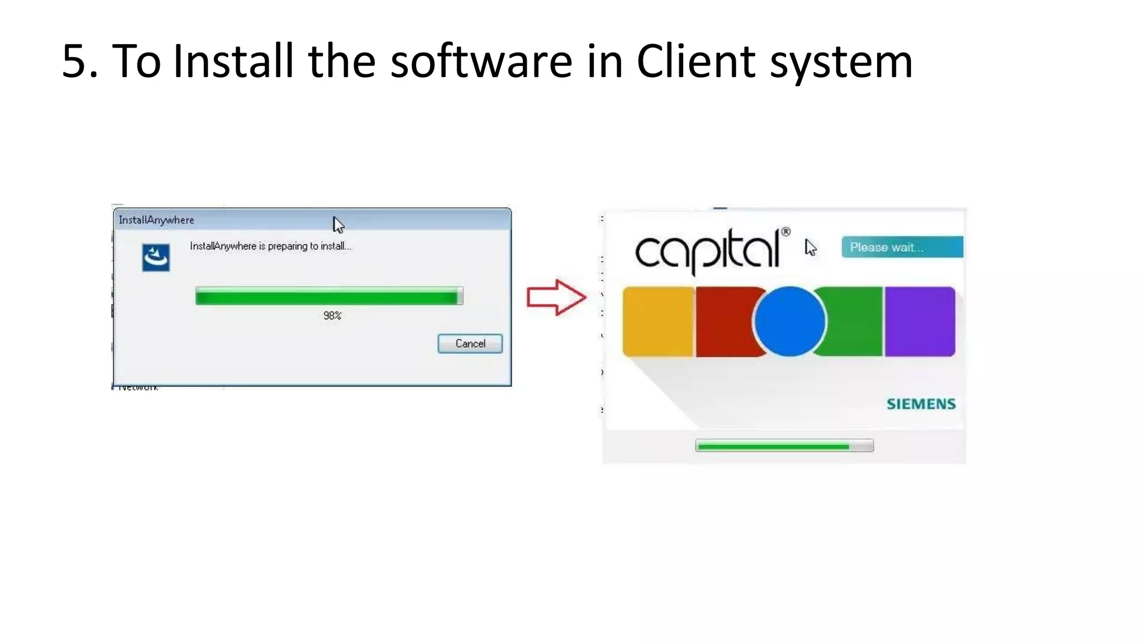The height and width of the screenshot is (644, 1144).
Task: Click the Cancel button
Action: (470, 343)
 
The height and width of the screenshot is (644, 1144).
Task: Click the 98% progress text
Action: (332, 316)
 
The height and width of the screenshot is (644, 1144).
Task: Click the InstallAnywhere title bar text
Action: (156, 220)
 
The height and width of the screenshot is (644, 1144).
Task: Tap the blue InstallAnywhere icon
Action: (156, 258)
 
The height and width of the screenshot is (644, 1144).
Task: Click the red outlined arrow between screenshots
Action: (556, 297)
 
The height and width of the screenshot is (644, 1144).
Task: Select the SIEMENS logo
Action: (921, 404)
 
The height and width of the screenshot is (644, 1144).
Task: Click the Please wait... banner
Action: (902, 247)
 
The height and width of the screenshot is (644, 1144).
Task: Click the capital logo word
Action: (707, 250)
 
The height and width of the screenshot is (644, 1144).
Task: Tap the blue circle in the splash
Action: (789, 321)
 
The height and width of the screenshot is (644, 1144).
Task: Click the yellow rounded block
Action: (658, 321)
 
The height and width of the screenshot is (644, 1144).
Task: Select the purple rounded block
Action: (919, 321)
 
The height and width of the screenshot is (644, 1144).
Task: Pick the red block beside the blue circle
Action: (723, 321)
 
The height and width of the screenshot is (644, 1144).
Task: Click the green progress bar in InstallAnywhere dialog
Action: (328, 296)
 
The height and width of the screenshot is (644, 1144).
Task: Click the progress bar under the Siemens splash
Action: (784, 446)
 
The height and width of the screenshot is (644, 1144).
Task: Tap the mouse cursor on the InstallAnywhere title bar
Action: (338, 225)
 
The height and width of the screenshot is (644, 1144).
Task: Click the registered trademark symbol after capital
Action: (785, 231)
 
